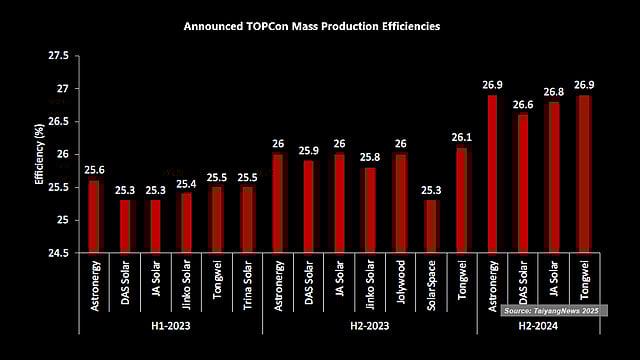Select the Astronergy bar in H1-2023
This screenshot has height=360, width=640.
pyautogui.click(x=94, y=215)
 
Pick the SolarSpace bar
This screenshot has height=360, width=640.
pyautogui.click(x=431, y=225)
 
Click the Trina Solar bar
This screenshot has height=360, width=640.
pyautogui.click(x=247, y=219)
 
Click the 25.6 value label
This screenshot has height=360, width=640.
pyautogui.click(x=94, y=170)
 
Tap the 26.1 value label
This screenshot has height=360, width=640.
pyautogui.click(x=461, y=137)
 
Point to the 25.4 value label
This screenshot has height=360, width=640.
pyautogui.click(x=185, y=183)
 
